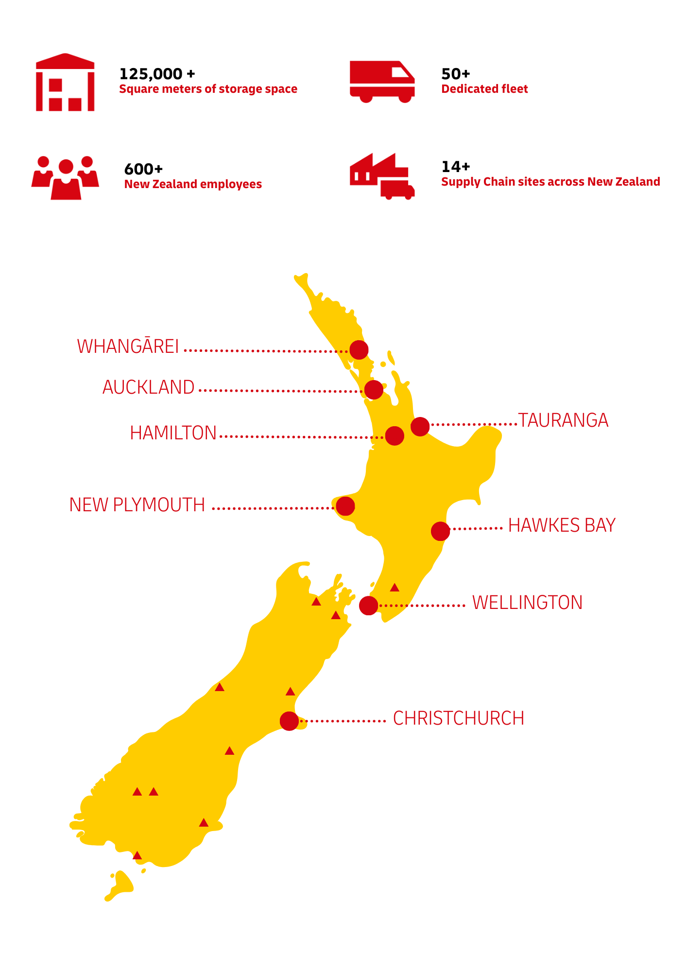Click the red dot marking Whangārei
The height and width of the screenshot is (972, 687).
[359, 350]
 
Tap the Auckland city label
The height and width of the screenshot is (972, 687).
[148, 387]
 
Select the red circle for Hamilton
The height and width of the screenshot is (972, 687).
[395, 436]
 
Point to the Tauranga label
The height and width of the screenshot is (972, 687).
[563, 420]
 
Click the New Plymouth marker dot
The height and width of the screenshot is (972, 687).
[345, 506]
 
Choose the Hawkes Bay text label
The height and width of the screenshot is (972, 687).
[562, 525]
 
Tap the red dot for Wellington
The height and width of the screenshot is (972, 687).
[368, 606]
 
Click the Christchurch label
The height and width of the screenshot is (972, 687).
[458, 718]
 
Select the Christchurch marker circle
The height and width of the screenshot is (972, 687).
[289, 721]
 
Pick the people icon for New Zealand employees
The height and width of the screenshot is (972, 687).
[65, 178]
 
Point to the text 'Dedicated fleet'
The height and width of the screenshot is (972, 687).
[484, 89]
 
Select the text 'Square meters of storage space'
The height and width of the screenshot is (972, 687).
[208, 89]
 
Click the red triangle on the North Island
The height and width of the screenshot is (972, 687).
[395, 588]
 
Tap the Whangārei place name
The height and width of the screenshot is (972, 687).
[128, 347]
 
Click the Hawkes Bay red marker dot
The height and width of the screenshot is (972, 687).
[440, 531]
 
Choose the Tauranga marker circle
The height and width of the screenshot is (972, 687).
[420, 426]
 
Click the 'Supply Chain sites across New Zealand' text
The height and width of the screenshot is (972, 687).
[550, 182]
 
